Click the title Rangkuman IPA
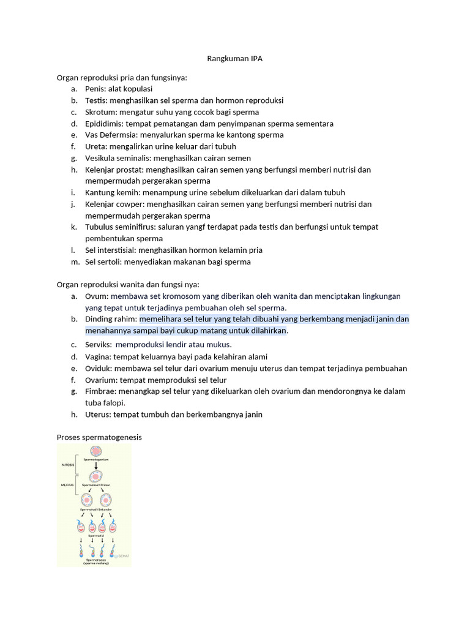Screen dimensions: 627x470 coord(235,59)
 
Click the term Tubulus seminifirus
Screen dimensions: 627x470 coord(119,227)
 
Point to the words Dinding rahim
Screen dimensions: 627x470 coord(111,319)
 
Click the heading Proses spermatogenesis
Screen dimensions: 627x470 coord(99,438)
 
